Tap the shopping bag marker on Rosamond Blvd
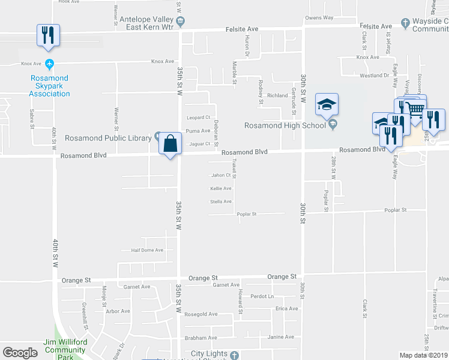170,144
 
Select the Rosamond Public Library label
108,138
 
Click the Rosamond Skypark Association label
49,86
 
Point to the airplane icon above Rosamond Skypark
49,64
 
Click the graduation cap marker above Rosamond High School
327,104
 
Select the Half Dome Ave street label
143,250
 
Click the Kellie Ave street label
221,188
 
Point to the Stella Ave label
221,202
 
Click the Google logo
20,353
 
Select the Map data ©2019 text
424,355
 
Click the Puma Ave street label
198,131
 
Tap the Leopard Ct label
199,118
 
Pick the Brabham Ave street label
200,338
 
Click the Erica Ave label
286,308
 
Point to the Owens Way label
319,17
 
